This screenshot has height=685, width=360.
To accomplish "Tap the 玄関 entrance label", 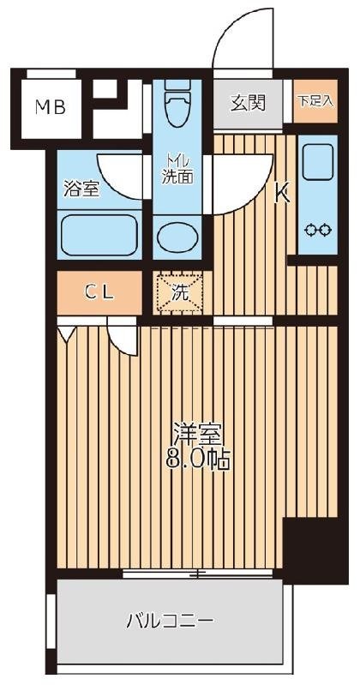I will (x=248, y=103).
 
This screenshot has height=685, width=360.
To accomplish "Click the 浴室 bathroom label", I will (x=81, y=189).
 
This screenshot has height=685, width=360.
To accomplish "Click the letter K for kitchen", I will (x=281, y=195).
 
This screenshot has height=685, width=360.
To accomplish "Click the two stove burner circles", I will (x=318, y=230).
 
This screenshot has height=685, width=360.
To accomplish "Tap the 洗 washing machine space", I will (x=179, y=291).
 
